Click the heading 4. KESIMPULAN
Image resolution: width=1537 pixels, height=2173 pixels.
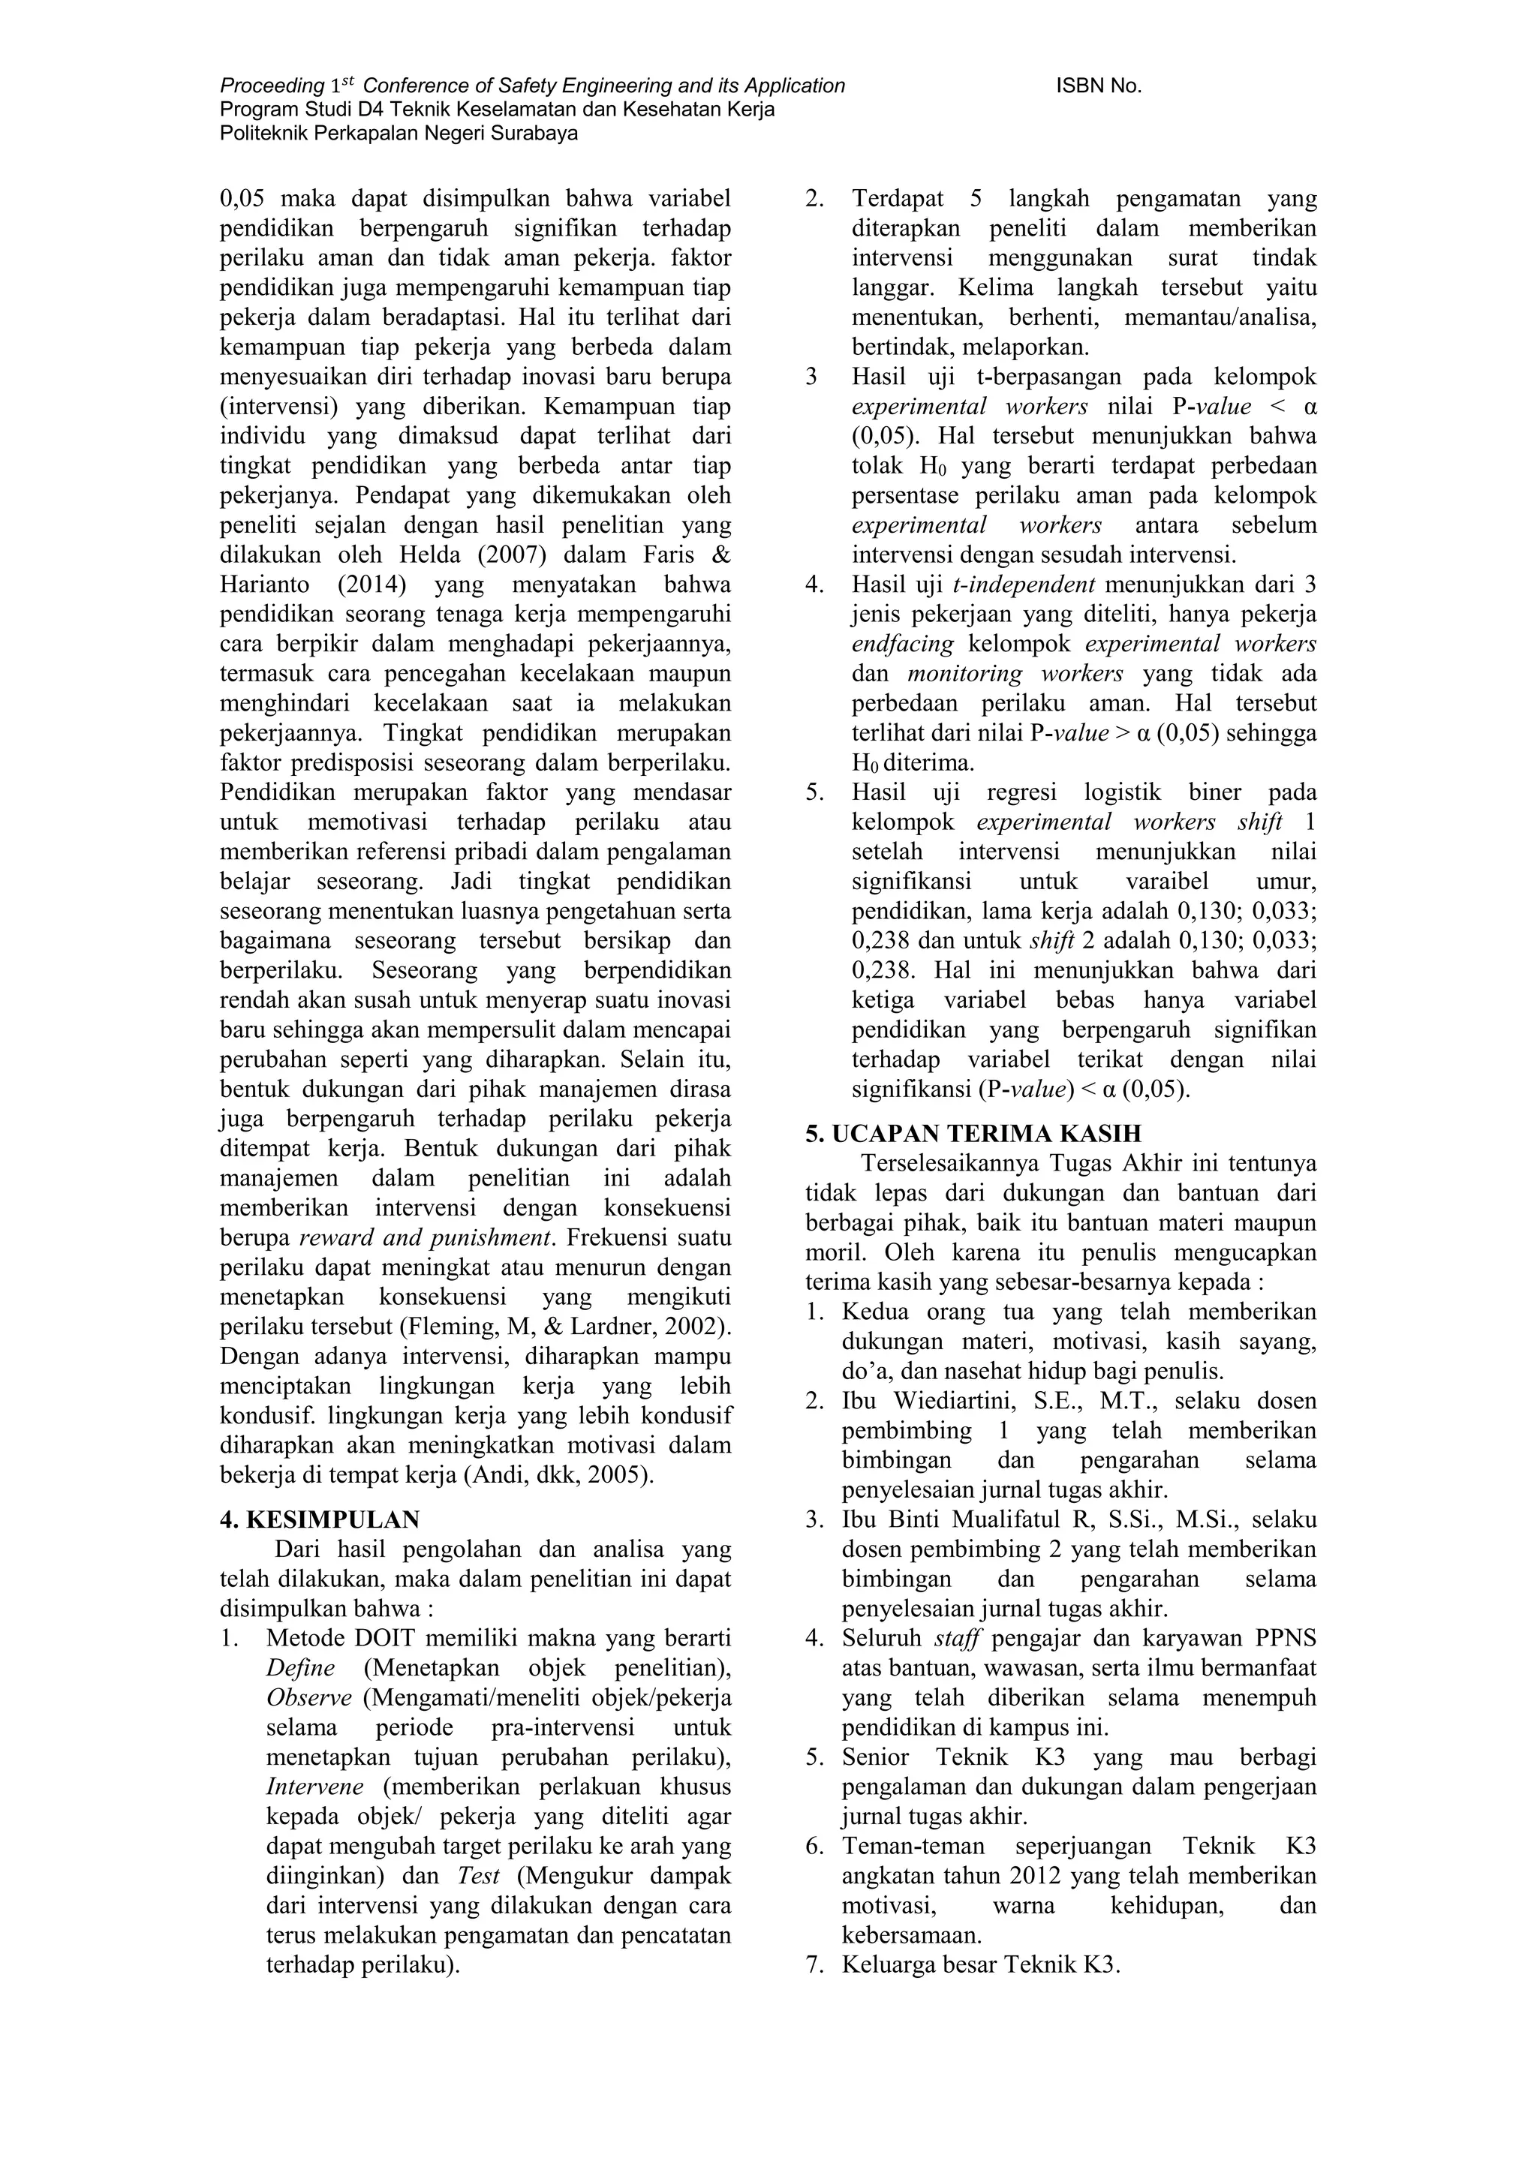(x=320, y=1520)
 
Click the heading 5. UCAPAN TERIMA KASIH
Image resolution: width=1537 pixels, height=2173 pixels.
(x=974, y=1134)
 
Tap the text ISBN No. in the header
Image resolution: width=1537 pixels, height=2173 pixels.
(x=1098, y=86)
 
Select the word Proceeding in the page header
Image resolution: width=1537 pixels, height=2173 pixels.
(x=272, y=86)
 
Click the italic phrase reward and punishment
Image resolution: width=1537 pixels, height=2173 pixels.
(x=425, y=1238)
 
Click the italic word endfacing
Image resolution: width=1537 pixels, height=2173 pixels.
(x=903, y=645)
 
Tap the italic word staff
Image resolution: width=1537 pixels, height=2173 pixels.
(x=955, y=1638)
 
